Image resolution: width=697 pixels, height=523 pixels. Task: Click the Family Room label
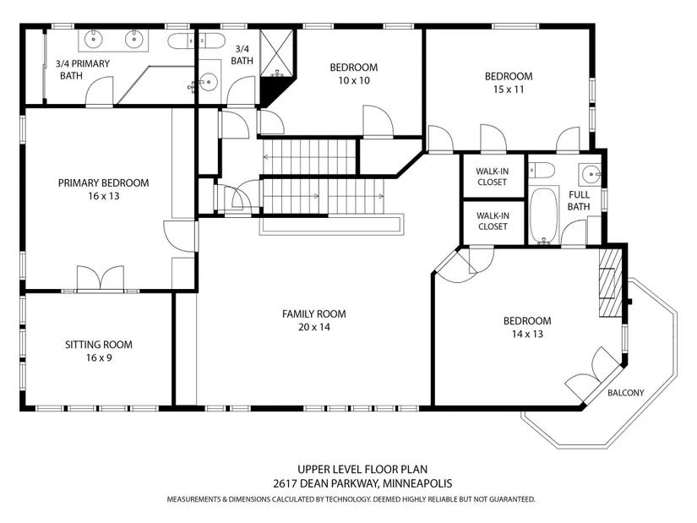point(313,314)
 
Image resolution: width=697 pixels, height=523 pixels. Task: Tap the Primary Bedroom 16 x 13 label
point(104,189)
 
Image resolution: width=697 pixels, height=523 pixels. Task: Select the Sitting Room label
point(99,345)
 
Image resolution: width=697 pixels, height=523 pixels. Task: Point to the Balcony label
point(626,393)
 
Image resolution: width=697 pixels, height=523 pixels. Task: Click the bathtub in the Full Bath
point(544,215)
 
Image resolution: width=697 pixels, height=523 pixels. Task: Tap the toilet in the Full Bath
point(542,171)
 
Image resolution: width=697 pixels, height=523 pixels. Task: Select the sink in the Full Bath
point(590,174)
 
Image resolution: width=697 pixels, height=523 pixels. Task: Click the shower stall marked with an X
point(276,53)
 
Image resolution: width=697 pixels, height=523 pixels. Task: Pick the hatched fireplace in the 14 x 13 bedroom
point(610,283)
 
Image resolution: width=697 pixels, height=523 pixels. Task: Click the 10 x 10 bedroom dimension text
point(354,80)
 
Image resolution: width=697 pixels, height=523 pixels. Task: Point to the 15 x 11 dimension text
point(509,90)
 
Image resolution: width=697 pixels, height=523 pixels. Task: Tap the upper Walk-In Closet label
point(492,177)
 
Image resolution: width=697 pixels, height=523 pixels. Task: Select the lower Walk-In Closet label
point(493,221)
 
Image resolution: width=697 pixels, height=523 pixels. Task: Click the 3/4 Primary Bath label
point(82,69)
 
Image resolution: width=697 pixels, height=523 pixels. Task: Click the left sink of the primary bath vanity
point(94,39)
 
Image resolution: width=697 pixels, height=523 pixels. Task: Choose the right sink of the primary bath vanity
point(133,39)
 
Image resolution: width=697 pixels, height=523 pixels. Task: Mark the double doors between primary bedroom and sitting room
point(101,279)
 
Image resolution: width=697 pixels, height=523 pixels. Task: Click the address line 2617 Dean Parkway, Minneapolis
point(362,483)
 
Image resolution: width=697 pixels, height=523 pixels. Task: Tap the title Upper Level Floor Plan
point(362,469)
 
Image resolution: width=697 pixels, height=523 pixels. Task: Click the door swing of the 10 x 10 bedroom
point(378,121)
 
